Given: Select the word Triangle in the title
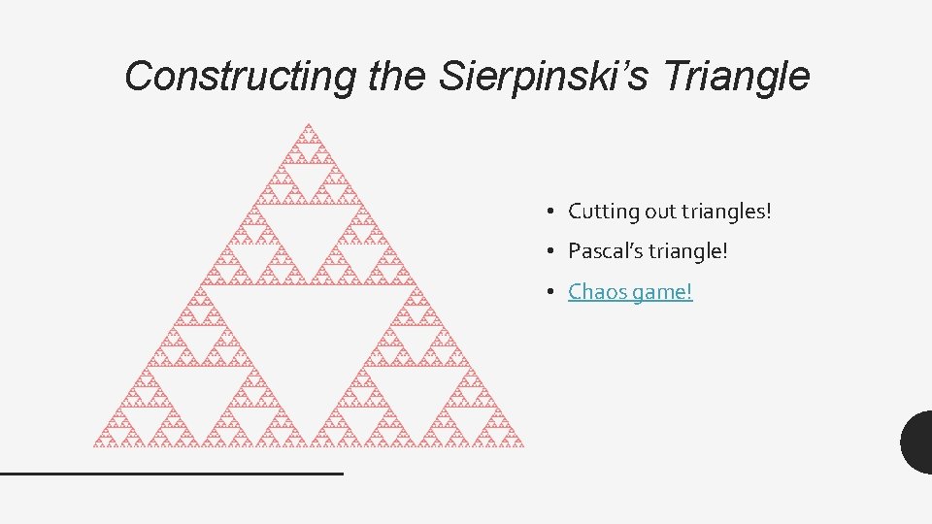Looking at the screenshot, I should click(749, 76).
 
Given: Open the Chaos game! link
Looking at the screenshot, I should click(630, 291).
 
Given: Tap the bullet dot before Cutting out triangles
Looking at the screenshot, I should click(549, 212).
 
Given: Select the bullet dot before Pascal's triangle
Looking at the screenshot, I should click(549, 251).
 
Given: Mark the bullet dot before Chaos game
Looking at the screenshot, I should click(549, 291).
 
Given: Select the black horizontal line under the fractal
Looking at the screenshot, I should click(172, 473).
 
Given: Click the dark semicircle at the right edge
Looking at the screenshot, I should click(917, 442).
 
